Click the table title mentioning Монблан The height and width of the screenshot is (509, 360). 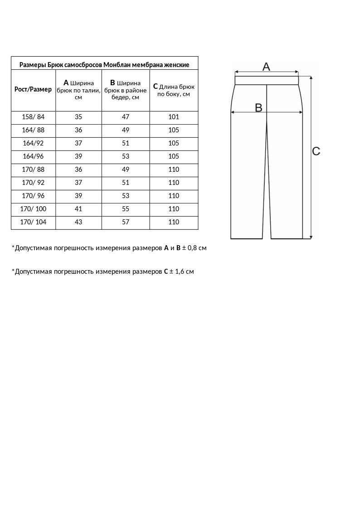(104, 65)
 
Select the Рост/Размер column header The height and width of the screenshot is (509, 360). (33, 89)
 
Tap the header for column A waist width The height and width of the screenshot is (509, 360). (78, 90)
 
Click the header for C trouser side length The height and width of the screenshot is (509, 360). (174, 90)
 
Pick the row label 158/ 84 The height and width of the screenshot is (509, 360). (33, 117)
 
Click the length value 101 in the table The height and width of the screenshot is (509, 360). (174, 117)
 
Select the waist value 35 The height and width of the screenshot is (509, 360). (78, 117)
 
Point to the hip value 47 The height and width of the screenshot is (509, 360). (126, 117)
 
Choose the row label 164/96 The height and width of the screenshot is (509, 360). (33, 156)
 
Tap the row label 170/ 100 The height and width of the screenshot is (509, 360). (33, 209)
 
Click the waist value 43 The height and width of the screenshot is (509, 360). (78, 222)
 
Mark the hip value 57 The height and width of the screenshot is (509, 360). (126, 222)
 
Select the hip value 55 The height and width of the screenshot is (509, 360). (126, 209)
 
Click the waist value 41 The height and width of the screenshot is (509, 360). (78, 209)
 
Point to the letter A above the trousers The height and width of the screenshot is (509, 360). (266, 67)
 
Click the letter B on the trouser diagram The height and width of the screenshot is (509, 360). (258, 107)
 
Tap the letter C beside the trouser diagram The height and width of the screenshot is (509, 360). (316, 151)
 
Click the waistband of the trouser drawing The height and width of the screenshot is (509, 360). (267, 81)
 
